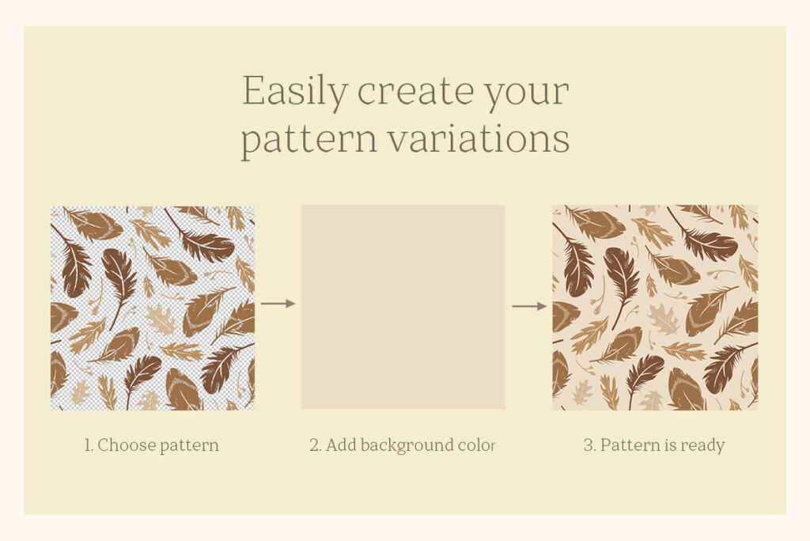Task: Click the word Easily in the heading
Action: pos(294,92)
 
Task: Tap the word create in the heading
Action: pos(414,92)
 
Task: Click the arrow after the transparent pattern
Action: pos(278,303)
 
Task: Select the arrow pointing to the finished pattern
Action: pos(529,306)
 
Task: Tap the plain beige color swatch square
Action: pos(403,307)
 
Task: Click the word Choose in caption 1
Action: pos(126,445)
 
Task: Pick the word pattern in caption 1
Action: pos(188,446)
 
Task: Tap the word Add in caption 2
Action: pos(341,445)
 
